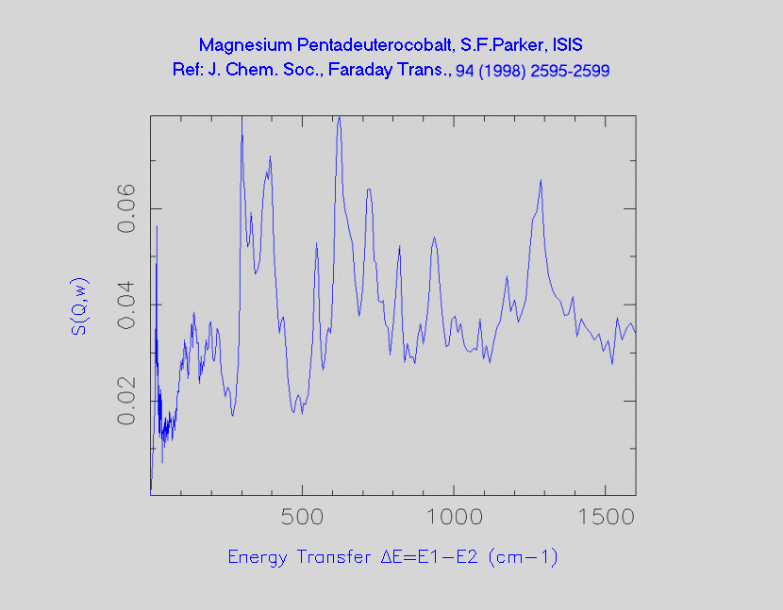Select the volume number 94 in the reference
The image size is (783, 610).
click(x=465, y=71)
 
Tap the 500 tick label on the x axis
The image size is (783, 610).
click(x=302, y=518)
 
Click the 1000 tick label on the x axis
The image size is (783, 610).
click(x=454, y=518)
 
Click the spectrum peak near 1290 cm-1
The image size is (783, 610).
click(x=541, y=180)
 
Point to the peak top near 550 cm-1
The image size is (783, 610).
click(x=317, y=243)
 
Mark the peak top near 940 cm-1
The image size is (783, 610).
click(x=434, y=237)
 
